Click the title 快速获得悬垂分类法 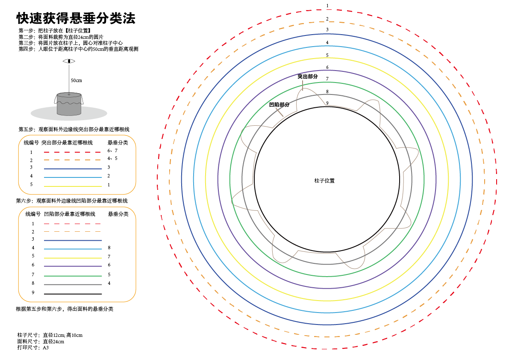tap(76, 18)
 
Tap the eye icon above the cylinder tap(69, 61)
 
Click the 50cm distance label tap(76, 80)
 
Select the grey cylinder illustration tap(69, 104)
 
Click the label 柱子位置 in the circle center tap(324, 181)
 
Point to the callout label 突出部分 tap(308, 76)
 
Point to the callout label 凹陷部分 tap(279, 104)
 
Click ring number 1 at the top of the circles tap(327, 6)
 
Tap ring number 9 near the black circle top tap(327, 103)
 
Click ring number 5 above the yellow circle tap(327, 55)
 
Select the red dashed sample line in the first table tap(72, 152)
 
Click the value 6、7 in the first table tap(112, 150)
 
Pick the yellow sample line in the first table tap(73, 186)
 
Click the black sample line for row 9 tap(73, 294)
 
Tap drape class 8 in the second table tap(109, 248)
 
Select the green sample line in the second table tap(73, 276)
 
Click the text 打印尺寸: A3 tap(33, 348)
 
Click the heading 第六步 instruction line tap(72, 201)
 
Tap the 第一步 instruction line tap(55, 31)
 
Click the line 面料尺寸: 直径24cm tap(41, 341)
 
